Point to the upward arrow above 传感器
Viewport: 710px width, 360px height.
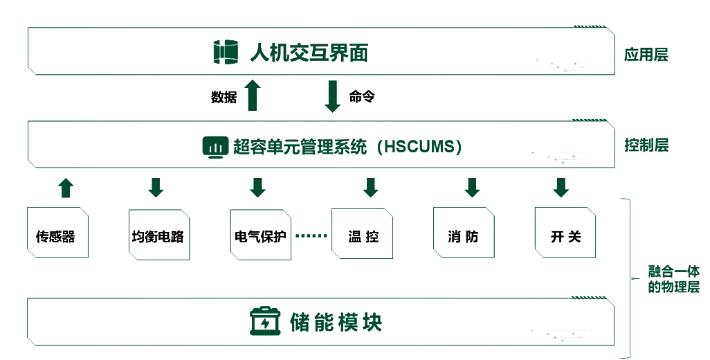(65, 187)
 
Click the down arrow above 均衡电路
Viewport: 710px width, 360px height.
(156, 187)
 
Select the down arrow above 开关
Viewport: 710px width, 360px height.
(560, 187)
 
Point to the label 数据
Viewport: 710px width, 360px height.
(224, 98)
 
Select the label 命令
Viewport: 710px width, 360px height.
(361, 98)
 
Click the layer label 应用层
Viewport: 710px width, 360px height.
(646, 55)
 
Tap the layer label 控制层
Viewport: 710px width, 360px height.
(646, 145)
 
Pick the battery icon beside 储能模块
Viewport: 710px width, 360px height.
(266, 321)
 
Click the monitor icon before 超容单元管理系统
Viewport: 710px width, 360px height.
(215, 147)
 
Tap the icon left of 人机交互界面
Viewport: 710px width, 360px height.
(226, 53)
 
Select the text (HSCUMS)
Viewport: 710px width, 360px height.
(423, 147)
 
